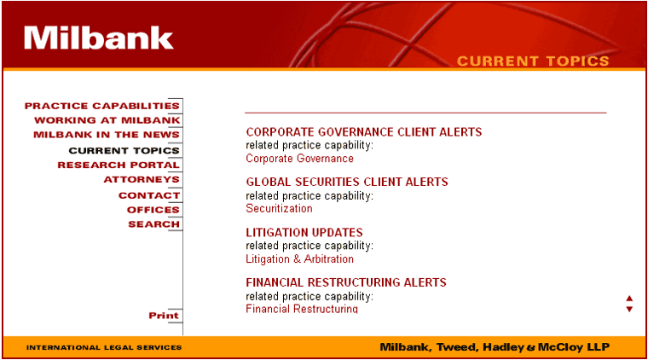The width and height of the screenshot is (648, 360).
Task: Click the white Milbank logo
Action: [x=98, y=38]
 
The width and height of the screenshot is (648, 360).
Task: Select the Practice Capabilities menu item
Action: [x=102, y=106]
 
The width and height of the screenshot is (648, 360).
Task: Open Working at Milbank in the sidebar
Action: [x=107, y=120]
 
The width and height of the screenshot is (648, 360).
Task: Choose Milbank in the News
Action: [x=107, y=135]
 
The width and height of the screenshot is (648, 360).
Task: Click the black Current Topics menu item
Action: [x=124, y=150]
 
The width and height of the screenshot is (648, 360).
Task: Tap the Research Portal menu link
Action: [x=119, y=165]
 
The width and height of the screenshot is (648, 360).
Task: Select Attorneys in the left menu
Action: [x=142, y=179]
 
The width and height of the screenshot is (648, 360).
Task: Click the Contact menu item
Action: [x=149, y=195]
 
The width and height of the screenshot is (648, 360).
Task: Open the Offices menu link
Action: [x=153, y=210]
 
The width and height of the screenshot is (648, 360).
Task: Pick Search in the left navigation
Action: [x=153, y=224]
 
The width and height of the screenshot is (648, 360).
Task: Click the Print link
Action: [x=164, y=316]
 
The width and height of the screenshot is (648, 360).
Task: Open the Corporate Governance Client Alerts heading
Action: [x=364, y=132]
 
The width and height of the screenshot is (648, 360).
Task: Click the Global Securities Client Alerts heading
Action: [x=347, y=182]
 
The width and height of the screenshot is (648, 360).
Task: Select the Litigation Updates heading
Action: [x=304, y=232]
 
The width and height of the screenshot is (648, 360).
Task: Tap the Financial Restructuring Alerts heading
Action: [x=346, y=282]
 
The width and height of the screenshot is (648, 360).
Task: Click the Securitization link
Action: [x=279, y=208]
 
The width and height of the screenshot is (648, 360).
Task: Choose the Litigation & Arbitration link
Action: [x=299, y=259]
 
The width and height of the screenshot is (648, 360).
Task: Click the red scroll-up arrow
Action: [x=629, y=299]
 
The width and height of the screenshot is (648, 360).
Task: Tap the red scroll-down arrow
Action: [x=629, y=309]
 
